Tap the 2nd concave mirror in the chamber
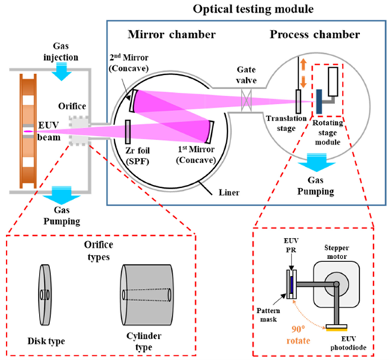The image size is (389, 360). pyautogui.click(x=133, y=100)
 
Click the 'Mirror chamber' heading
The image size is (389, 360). pyautogui.click(x=171, y=35)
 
